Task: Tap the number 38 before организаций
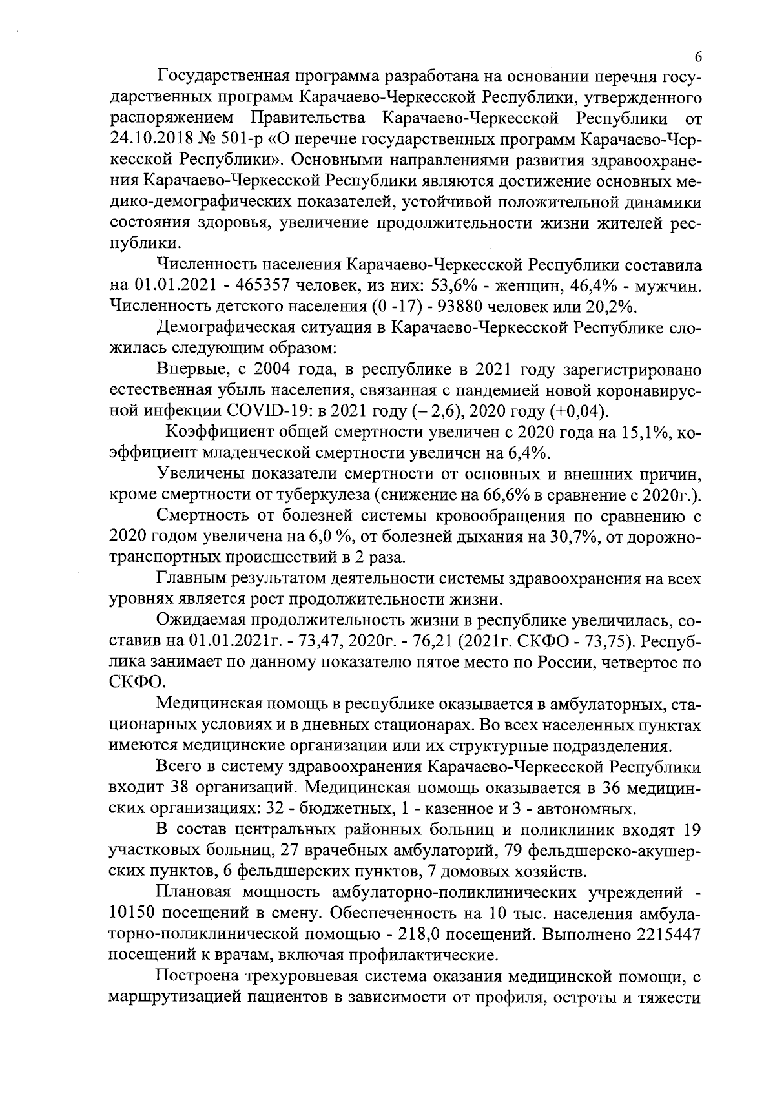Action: [181, 788]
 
